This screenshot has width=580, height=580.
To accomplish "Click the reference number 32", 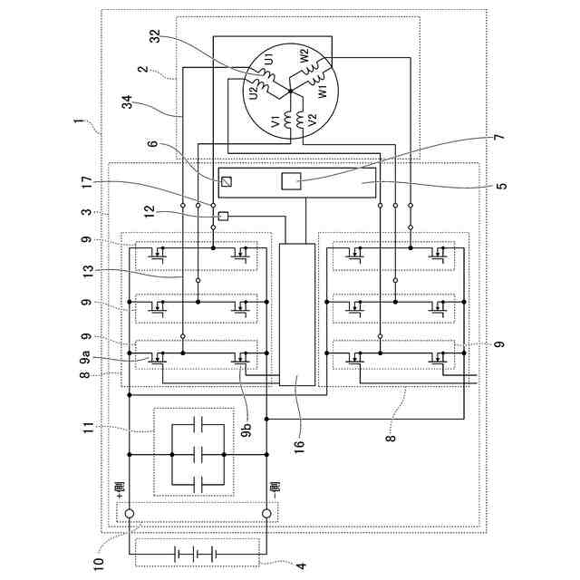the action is pos(157,36).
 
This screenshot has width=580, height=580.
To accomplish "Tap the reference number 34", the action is pos(127,102).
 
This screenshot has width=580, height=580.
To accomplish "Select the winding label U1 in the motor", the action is pos(270,59).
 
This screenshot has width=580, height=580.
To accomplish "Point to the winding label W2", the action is pos(304,55).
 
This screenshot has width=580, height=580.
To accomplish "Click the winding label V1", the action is pos(275,122).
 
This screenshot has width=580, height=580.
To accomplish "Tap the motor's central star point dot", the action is pos(290,91).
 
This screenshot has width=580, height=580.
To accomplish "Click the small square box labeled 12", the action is pos(223,216).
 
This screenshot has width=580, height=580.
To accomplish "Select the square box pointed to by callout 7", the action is pos(291,181).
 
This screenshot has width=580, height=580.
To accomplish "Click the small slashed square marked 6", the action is pos(227,181).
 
